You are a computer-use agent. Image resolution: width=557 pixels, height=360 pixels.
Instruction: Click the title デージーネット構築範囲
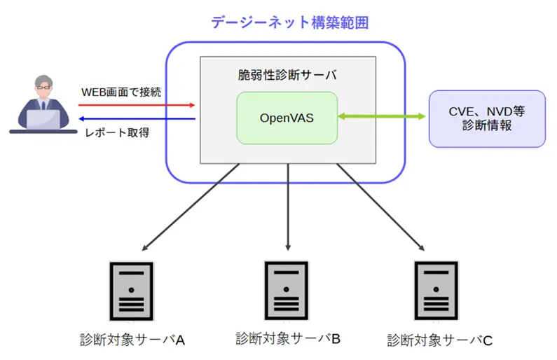coord(289,22)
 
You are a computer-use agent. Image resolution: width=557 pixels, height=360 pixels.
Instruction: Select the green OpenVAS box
coord(287,117)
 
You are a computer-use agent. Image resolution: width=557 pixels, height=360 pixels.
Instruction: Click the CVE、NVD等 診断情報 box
coord(486,118)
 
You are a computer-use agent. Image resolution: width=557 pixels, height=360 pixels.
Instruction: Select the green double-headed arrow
coord(383,117)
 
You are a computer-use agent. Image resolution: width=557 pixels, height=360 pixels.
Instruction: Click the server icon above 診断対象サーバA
coord(131,290)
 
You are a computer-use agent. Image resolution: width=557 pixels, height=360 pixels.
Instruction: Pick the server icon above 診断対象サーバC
coord(436,290)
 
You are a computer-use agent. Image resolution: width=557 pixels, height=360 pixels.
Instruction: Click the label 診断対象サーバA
coord(131,340)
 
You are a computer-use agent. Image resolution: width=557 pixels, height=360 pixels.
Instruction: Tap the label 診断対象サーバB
coord(287,339)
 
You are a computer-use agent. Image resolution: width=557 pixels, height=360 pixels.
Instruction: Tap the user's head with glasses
coord(38,87)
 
